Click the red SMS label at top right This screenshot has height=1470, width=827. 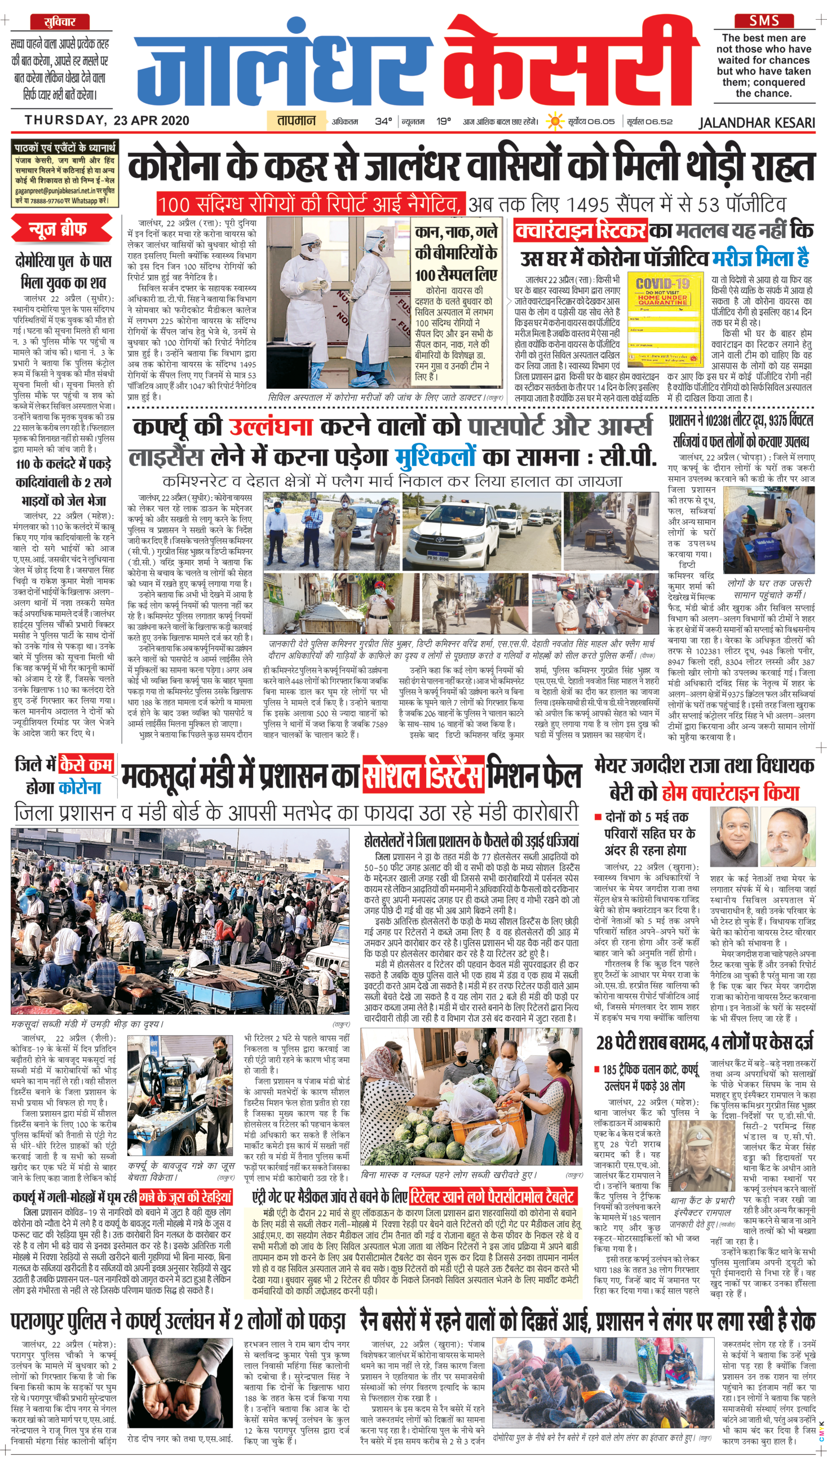764,21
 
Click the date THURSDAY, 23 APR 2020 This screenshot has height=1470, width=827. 107,120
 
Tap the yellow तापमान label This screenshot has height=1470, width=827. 296,120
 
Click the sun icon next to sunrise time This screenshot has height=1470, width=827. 554,121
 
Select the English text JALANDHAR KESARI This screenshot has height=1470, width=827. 757,122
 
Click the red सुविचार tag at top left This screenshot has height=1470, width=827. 59,21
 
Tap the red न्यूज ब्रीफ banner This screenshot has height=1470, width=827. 62,229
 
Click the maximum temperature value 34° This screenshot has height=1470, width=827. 383,121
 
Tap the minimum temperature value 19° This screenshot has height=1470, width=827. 443,121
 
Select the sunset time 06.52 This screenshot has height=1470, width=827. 660,121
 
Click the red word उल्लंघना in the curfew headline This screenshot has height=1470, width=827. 271,426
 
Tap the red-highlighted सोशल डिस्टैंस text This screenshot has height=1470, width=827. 423,775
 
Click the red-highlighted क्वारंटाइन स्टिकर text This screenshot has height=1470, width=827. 580,231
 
